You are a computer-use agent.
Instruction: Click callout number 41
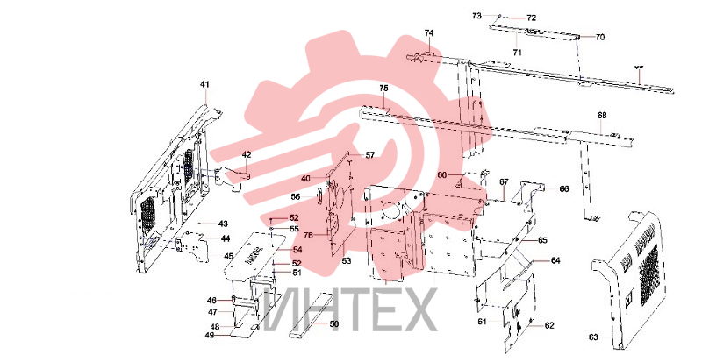pyautogui.click(x=204, y=84)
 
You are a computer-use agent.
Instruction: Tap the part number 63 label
pyautogui.click(x=593, y=337)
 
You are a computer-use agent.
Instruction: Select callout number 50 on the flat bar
pyautogui.click(x=334, y=324)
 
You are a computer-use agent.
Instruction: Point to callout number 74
pyautogui.click(x=429, y=33)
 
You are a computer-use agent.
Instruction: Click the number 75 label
pyautogui.click(x=383, y=89)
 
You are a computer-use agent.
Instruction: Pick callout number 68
pyautogui.click(x=602, y=116)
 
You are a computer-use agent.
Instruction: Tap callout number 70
pyautogui.click(x=600, y=37)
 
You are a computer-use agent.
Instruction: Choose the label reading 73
pyautogui.click(x=476, y=16)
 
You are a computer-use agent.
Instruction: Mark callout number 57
pyautogui.click(x=369, y=155)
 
